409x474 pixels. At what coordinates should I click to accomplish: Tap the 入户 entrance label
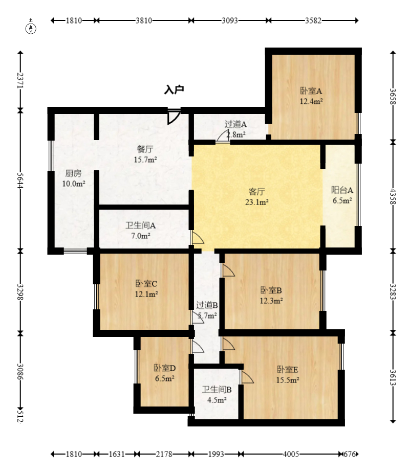click(x=174, y=90)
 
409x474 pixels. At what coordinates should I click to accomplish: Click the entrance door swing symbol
click(x=174, y=117)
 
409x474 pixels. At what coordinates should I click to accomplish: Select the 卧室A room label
click(x=311, y=91)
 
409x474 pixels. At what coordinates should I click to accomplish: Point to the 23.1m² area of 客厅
click(x=257, y=202)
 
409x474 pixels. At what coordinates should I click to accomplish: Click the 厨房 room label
click(x=73, y=173)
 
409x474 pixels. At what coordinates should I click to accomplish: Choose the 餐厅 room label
click(x=145, y=149)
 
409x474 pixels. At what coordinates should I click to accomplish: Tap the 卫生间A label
click(x=141, y=225)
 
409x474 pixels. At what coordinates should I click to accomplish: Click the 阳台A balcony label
click(x=342, y=190)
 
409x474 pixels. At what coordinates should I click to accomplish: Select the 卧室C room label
click(x=146, y=284)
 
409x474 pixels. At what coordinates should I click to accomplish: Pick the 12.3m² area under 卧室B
click(x=271, y=301)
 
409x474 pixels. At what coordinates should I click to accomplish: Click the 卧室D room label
click(x=165, y=368)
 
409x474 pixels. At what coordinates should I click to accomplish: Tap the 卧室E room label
click(x=288, y=369)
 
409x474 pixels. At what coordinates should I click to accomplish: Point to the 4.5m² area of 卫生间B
click(x=217, y=400)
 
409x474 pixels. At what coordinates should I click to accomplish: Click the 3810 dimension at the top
click(x=144, y=20)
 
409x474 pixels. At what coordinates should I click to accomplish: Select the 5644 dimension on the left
click(x=20, y=180)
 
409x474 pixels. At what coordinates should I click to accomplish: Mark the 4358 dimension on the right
click(x=393, y=196)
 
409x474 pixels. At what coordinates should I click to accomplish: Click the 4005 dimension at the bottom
click(x=291, y=454)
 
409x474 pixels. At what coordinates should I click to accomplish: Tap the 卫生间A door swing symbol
click(x=198, y=238)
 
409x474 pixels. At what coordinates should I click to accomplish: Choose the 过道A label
click(x=235, y=124)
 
